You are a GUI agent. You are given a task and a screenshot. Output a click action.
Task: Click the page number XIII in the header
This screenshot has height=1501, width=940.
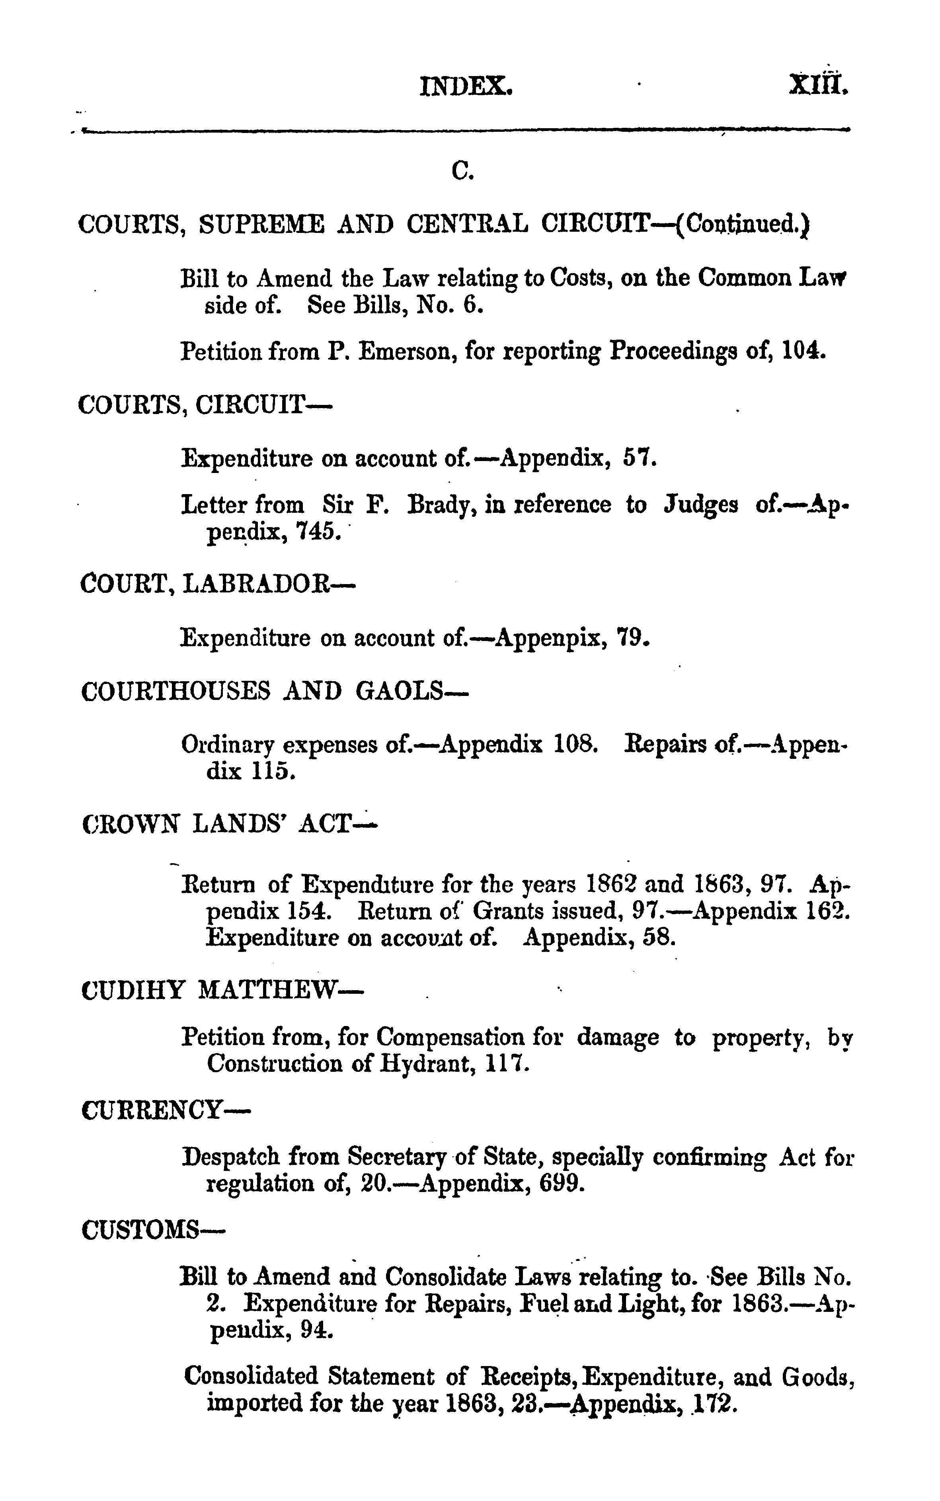click(817, 84)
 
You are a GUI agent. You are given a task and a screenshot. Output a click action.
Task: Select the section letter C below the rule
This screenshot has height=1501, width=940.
click(462, 171)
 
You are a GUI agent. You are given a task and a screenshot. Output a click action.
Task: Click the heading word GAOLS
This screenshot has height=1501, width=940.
click(410, 692)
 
